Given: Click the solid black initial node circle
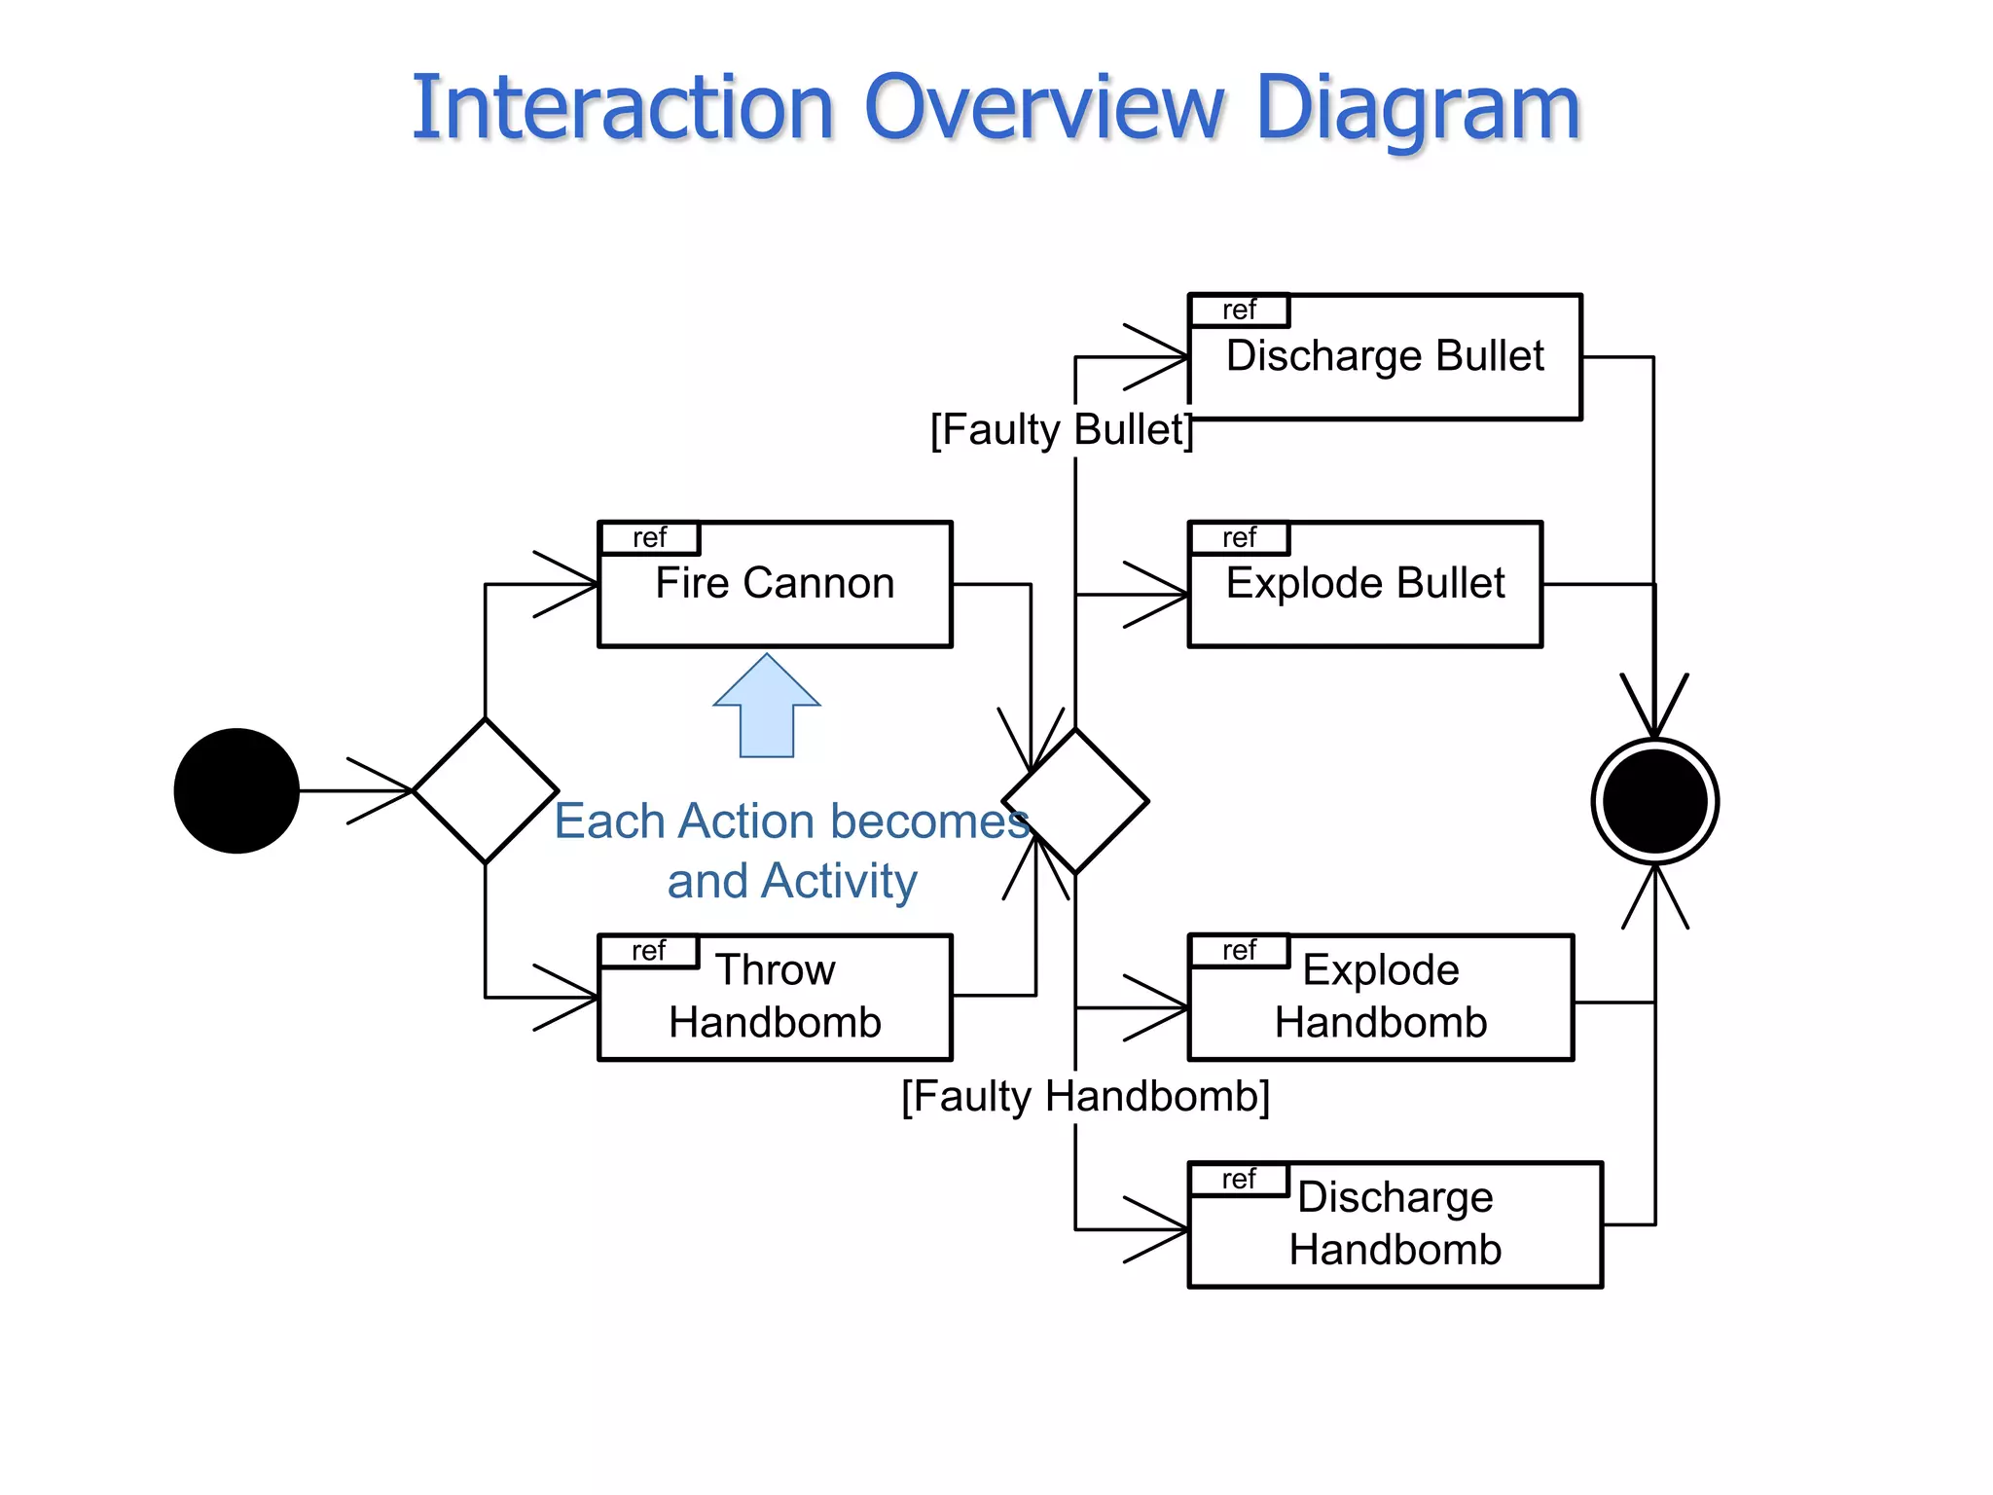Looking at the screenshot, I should [x=236, y=790].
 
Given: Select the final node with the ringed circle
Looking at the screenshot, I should [x=1654, y=801].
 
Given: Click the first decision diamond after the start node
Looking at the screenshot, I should [x=486, y=790].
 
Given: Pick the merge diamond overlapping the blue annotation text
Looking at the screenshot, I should [x=1075, y=801].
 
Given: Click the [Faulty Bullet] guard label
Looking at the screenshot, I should [x=1061, y=429].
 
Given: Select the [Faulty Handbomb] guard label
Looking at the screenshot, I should [x=1085, y=1097].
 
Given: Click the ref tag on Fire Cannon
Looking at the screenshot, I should [x=649, y=538].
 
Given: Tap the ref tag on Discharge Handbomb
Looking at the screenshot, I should [x=1239, y=1180].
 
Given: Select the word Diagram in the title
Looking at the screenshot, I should [x=1417, y=109].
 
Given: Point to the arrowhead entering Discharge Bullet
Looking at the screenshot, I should [x=1163, y=357].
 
